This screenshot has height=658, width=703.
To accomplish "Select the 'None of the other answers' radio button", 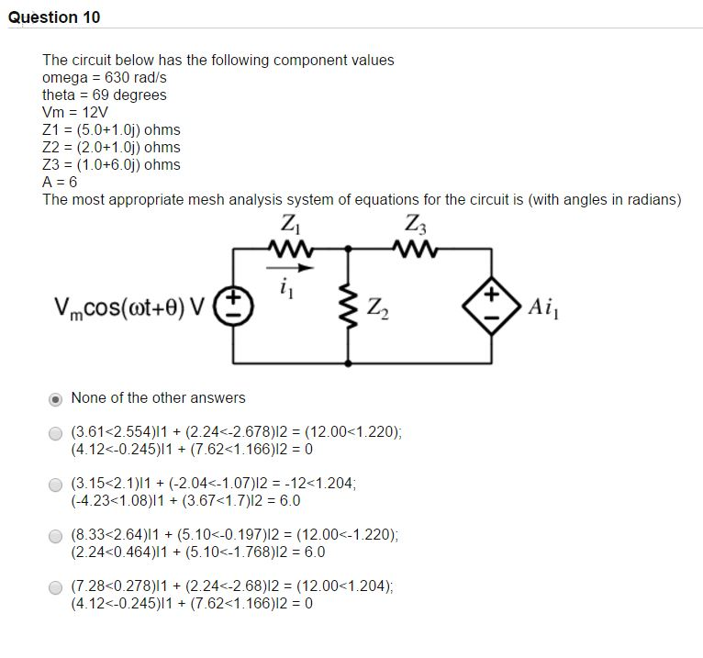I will pyautogui.click(x=56, y=399).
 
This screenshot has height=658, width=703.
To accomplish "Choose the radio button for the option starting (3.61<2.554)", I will pyautogui.click(x=56, y=433).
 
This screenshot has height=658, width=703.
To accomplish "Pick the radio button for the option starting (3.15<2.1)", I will pyautogui.click(x=56, y=485).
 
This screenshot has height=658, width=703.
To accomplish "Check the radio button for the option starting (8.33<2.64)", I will pyautogui.click(x=56, y=536).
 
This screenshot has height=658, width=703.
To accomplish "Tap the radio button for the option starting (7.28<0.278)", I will pyautogui.click(x=56, y=587).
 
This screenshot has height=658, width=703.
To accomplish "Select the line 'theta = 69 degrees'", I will pyautogui.click(x=105, y=95).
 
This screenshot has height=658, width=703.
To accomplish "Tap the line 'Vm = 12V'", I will pyautogui.click(x=75, y=112).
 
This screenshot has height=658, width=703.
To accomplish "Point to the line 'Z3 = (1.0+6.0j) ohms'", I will pyautogui.click(x=111, y=164).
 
